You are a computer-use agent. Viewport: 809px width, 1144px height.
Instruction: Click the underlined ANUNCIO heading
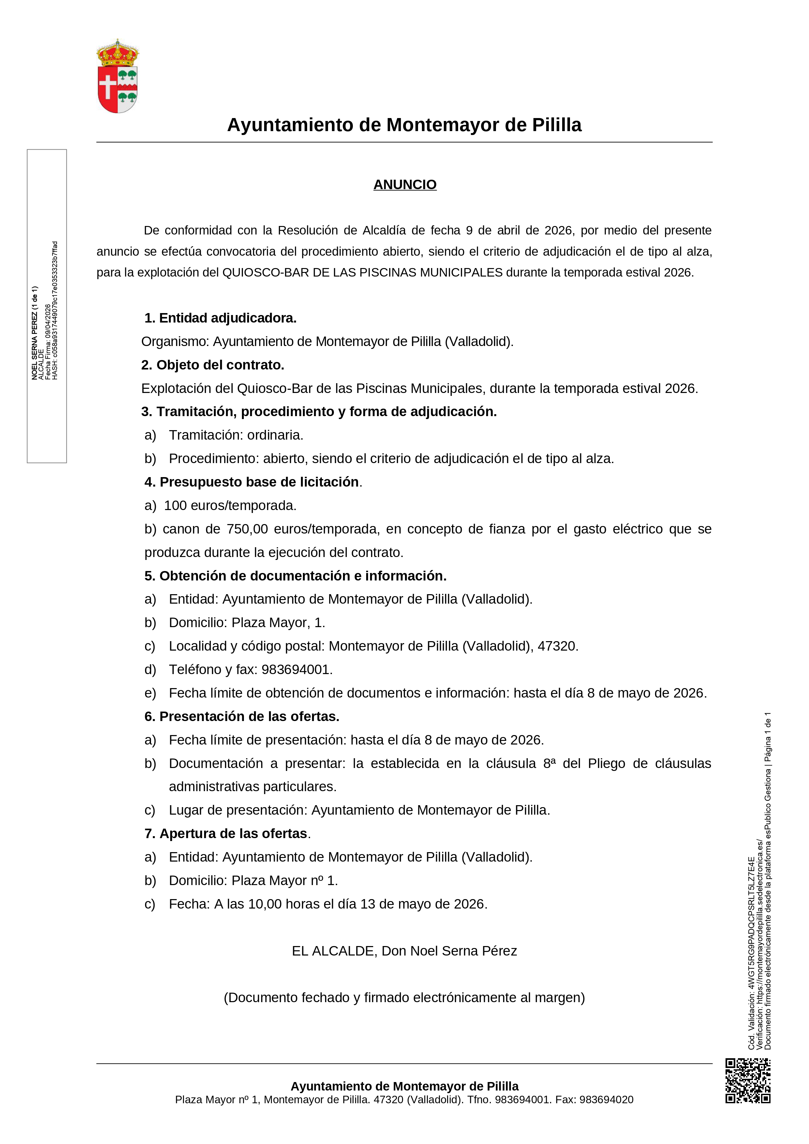tap(404, 185)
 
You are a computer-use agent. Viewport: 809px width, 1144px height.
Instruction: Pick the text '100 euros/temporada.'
tap(230, 506)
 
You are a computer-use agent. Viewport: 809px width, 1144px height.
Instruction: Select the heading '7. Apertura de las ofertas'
tap(227, 834)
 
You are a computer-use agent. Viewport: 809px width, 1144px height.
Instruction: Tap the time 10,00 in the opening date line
tap(265, 904)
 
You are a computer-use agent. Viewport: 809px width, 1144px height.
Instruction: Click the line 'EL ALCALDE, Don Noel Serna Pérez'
tap(404, 951)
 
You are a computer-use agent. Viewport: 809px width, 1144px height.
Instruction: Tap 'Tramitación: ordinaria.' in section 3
tap(236, 435)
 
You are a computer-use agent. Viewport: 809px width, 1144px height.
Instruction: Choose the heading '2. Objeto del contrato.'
tap(213, 365)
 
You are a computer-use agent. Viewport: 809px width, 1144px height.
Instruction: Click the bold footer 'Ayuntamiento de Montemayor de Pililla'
tap(404, 1086)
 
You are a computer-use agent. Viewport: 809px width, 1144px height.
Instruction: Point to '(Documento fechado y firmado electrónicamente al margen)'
tap(404, 998)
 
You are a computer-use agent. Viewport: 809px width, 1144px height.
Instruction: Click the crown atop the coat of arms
tap(118, 54)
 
